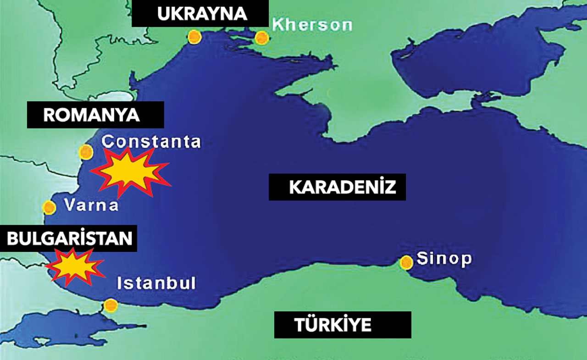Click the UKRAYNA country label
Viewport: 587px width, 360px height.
(200, 14)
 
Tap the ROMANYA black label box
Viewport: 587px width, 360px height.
(95, 115)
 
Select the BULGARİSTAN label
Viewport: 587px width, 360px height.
(69, 238)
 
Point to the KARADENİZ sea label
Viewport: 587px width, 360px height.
(337, 187)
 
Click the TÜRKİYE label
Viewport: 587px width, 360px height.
(342, 325)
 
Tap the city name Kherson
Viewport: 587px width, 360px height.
(312, 25)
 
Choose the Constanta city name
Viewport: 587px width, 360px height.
(151, 142)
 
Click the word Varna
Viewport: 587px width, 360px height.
(91, 205)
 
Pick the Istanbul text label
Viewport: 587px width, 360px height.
(156, 283)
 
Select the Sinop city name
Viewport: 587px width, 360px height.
(444, 260)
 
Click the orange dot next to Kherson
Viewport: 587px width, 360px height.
(261, 38)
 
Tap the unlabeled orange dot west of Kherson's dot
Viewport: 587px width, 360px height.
(194, 37)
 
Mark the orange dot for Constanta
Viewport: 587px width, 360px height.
(86, 152)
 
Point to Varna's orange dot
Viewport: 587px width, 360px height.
(49, 207)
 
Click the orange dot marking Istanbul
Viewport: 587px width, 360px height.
(110, 305)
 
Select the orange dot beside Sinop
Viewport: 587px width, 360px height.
(406, 262)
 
